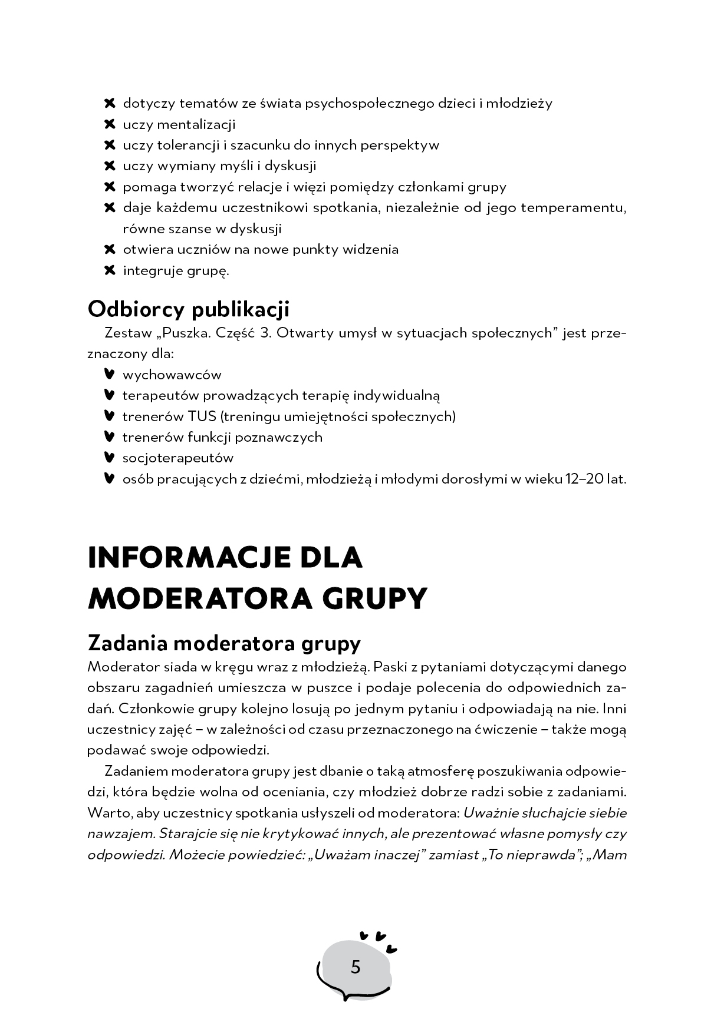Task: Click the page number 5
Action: tap(355, 967)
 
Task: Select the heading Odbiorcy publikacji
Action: tap(188, 309)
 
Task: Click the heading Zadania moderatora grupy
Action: tap(223, 643)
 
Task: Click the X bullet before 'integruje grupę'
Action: tap(109, 270)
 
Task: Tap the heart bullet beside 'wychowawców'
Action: tap(108, 374)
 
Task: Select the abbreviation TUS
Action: tap(202, 416)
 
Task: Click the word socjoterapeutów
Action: tap(178, 458)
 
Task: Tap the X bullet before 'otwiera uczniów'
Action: tap(109, 249)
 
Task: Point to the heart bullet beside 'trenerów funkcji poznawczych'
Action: tap(108, 436)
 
